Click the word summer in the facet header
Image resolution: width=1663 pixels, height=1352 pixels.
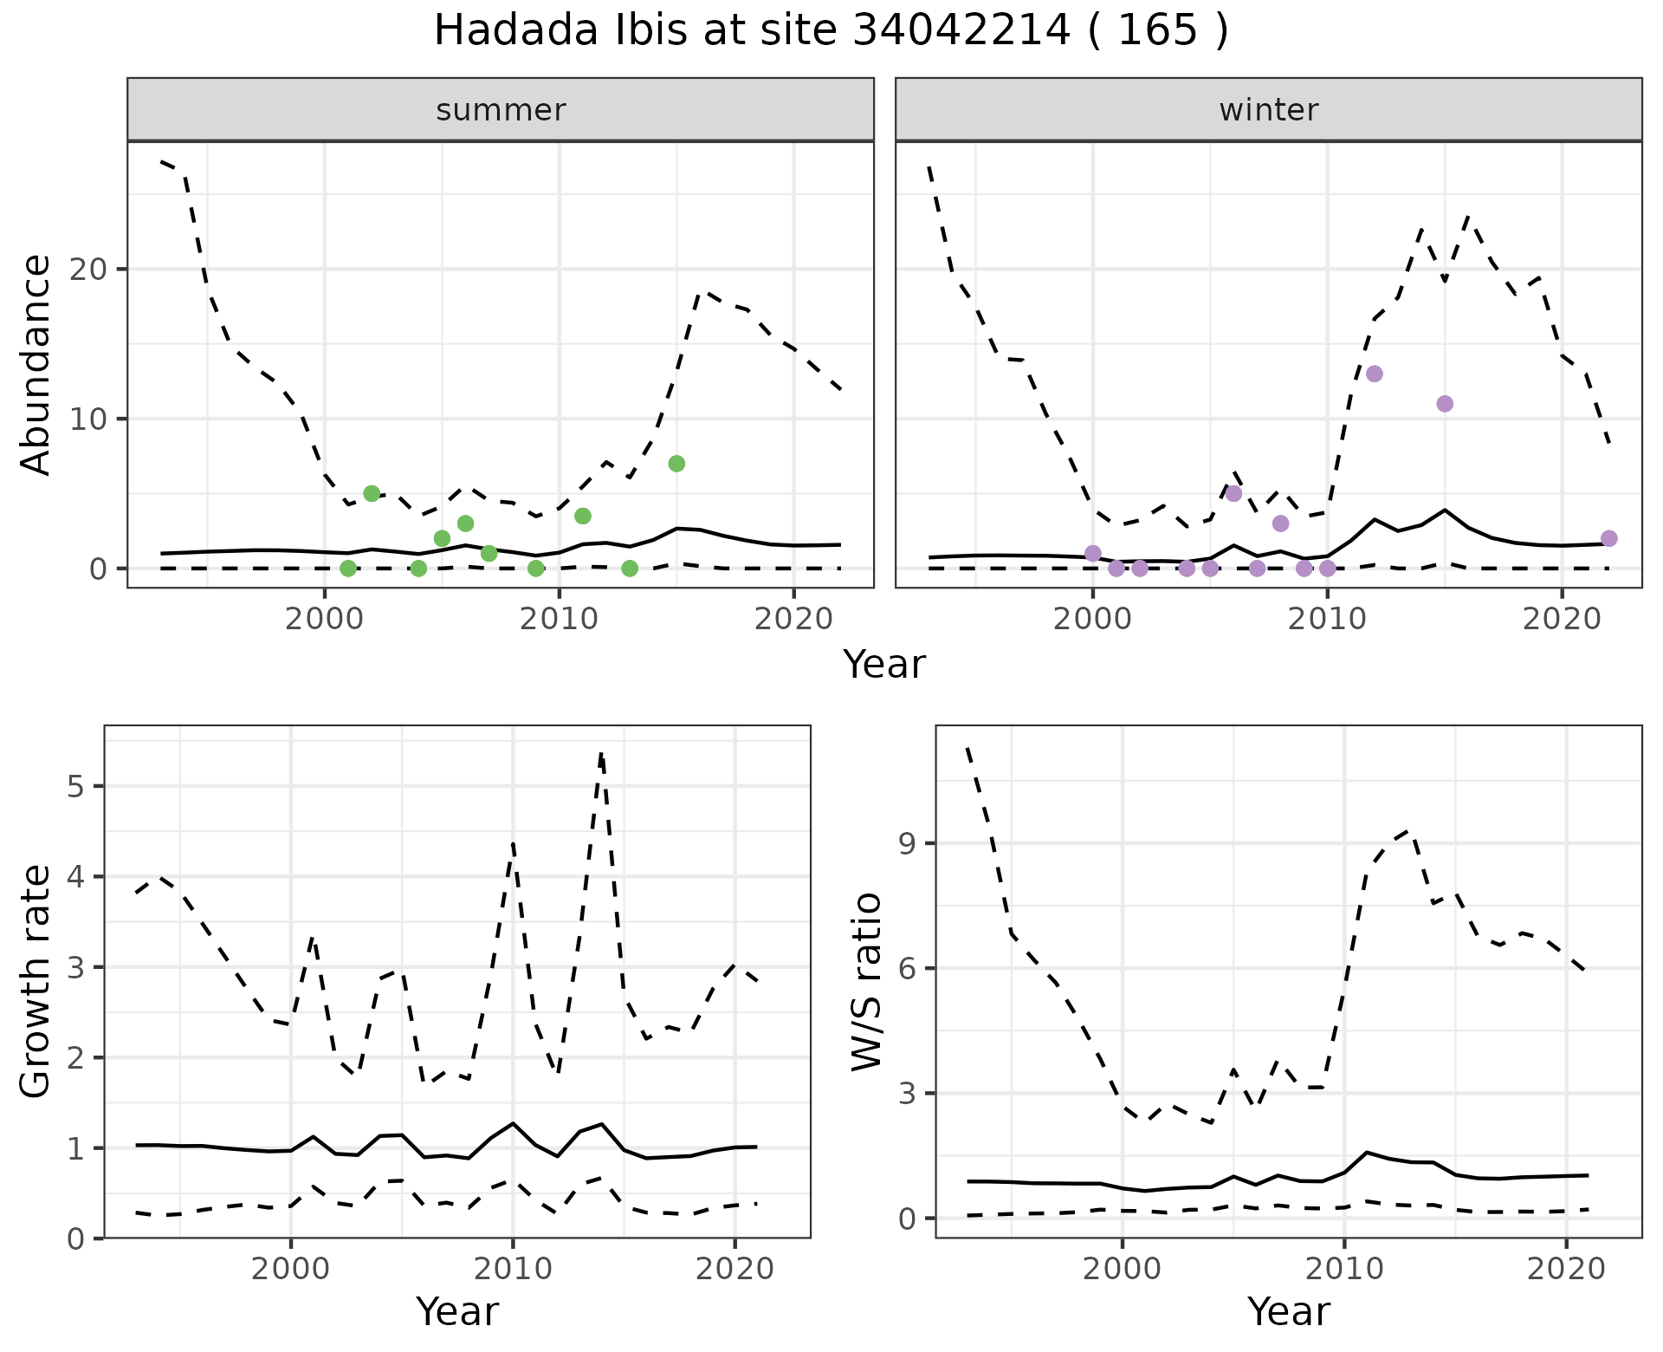pyautogui.click(x=501, y=110)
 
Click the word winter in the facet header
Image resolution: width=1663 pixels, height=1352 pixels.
pyautogui.click(x=1268, y=110)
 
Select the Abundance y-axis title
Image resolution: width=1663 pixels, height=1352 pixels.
pyautogui.click(x=36, y=365)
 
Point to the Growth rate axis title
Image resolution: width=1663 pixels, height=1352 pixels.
pyautogui.click(x=36, y=982)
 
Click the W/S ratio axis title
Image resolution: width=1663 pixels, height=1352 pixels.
pyautogui.click(x=867, y=982)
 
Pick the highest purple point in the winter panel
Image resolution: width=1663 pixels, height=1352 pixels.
pyautogui.click(x=1374, y=374)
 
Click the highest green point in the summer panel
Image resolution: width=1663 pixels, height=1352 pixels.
pyautogui.click(x=676, y=464)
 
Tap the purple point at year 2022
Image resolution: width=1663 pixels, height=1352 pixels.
pyautogui.click(x=1608, y=538)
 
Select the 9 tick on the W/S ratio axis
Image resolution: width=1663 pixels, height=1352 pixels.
pyautogui.click(x=908, y=844)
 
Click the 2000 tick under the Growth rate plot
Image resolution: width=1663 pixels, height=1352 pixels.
pyautogui.click(x=291, y=1270)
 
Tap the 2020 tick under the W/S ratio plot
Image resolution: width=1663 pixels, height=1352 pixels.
pyautogui.click(x=1566, y=1270)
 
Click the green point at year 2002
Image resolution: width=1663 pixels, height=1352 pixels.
pyautogui.click(x=372, y=494)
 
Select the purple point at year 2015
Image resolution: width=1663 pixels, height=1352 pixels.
pyautogui.click(x=1444, y=404)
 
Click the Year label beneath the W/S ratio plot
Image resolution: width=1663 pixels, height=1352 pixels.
pyautogui.click(x=1288, y=1312)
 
